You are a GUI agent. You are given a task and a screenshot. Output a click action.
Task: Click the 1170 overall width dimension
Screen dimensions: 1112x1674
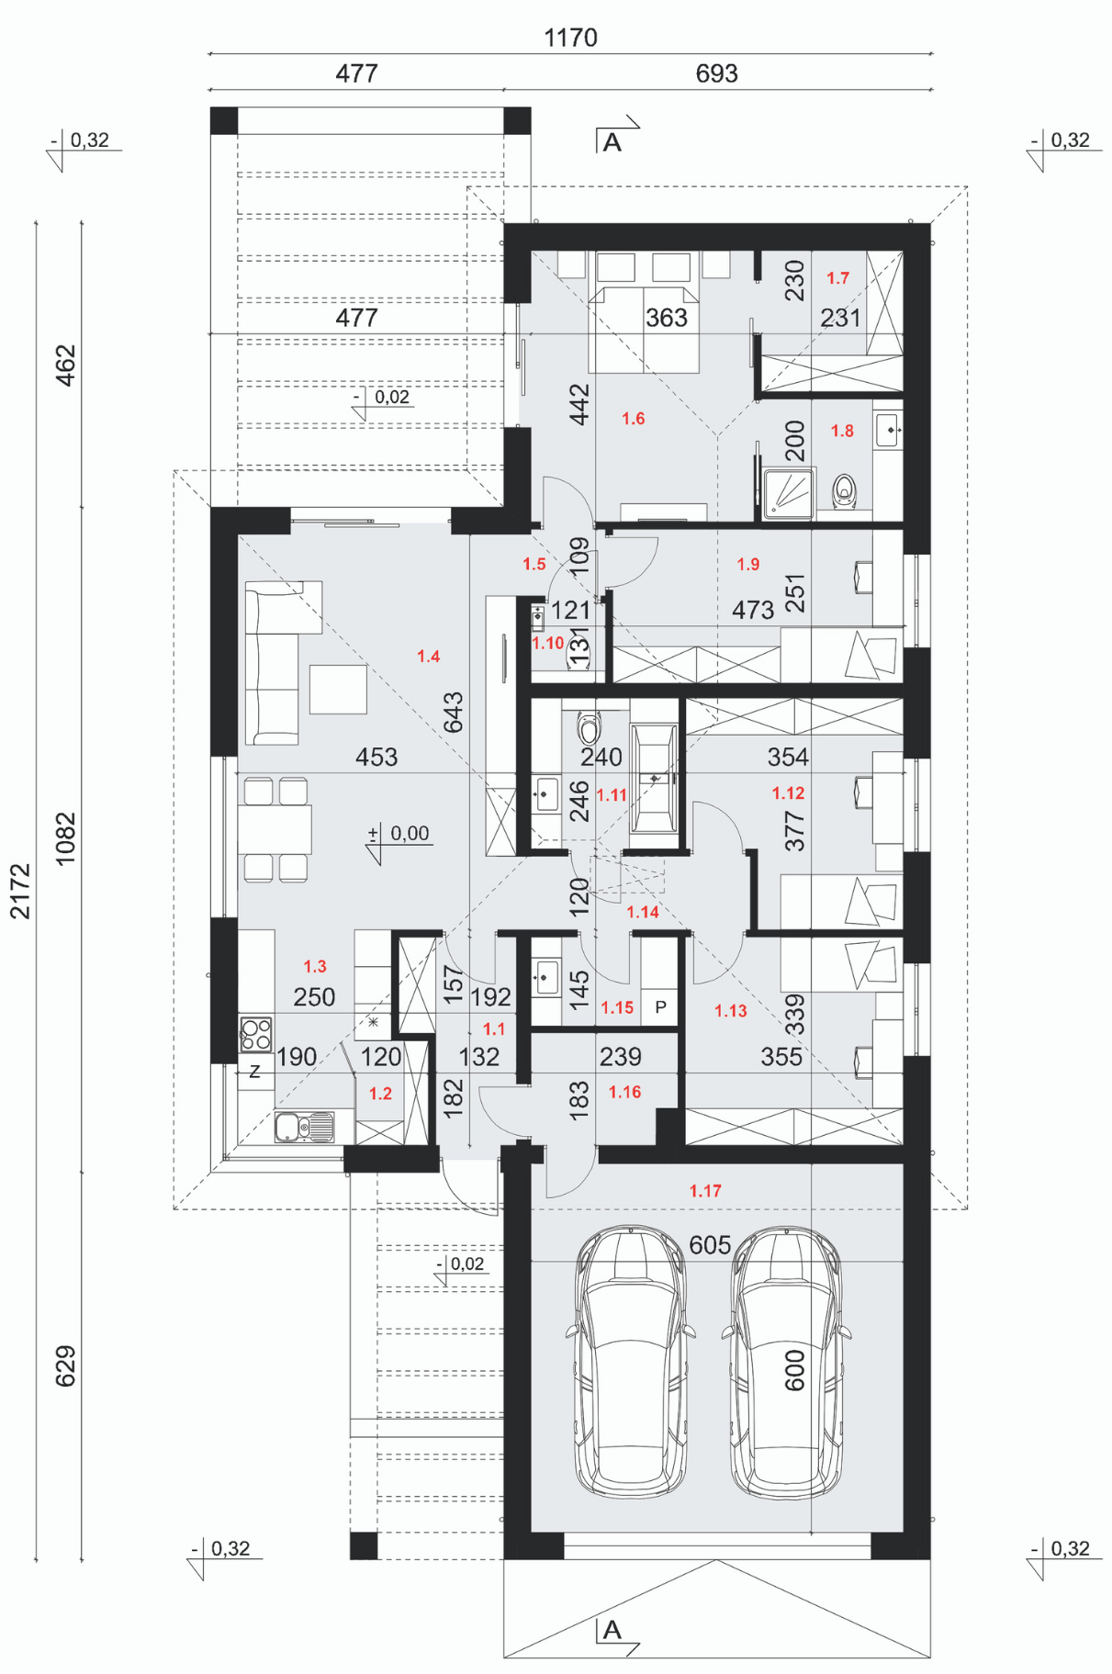point(570,38)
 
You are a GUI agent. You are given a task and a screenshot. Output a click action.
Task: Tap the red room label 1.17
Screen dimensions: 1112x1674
point(705,1191)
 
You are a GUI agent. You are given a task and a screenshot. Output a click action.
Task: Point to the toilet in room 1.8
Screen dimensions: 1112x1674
point(845,491)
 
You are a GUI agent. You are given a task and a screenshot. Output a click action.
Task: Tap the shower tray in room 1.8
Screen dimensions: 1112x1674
point(789,495)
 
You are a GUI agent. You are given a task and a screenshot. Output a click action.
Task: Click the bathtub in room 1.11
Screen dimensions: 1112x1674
point(654,779)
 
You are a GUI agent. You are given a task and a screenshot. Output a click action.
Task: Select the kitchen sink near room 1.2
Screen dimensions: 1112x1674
point(304,1127)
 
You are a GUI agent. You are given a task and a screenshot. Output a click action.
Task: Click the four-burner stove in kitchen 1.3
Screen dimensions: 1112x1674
point(256,1034)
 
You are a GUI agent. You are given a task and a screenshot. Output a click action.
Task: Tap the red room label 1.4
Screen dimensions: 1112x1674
point(428,657)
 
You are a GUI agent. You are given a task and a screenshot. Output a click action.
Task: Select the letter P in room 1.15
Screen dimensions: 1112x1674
point(660,1007)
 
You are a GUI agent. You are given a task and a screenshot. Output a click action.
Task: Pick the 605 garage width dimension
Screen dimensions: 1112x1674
point(710,1245)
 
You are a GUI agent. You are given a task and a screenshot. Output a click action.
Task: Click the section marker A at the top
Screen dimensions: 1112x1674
point(612,142)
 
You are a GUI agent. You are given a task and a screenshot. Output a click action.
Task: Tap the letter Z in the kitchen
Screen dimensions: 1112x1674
point(254,1071)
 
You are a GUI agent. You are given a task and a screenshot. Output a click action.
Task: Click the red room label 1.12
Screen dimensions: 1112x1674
point(788,793)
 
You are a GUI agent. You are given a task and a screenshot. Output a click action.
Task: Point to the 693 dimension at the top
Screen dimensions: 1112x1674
point(716,73)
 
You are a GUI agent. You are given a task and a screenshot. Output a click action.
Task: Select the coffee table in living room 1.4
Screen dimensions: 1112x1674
point(338,689)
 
